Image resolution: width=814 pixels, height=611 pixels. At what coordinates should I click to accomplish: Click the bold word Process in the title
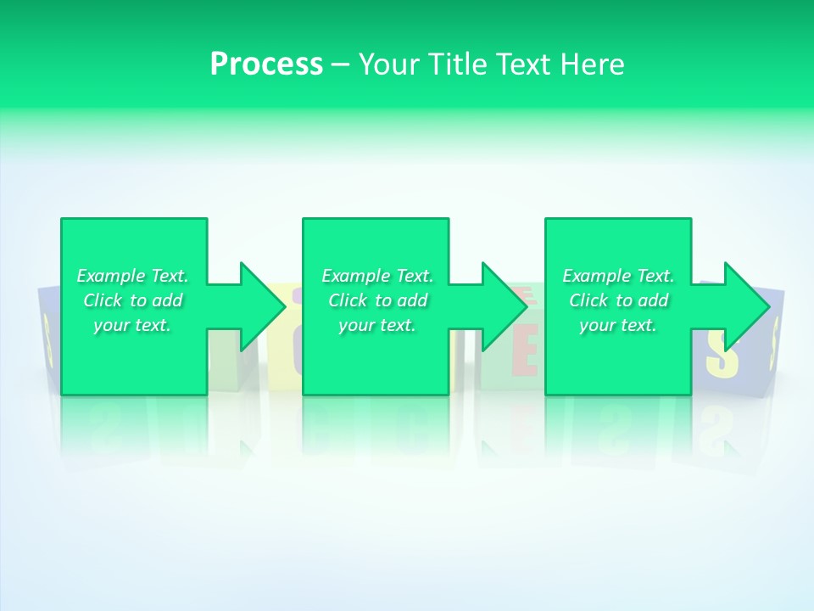pyautogui.click(x=266, y=64)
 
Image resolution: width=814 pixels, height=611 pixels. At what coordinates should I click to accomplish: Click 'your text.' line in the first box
pyautogui.click(x=132, y=325)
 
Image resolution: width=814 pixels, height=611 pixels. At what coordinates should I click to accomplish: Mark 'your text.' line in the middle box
pyautogui.click(x=377, y=325)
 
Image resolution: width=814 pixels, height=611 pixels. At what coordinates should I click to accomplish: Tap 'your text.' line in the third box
pyautogui.click(x=618, y=325)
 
